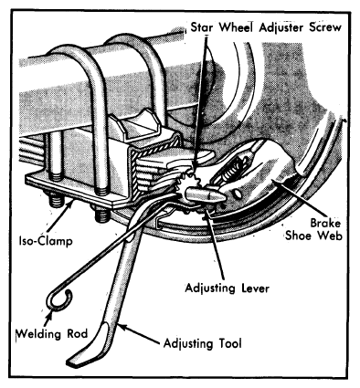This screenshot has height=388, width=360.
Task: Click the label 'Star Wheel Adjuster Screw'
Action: [266, 27]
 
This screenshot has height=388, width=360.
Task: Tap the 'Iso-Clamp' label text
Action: [46, 241]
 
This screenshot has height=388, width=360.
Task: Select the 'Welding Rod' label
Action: [52, 334]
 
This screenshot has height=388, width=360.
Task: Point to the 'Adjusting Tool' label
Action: [203, 343]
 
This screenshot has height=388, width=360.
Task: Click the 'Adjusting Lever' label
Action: [228, 288]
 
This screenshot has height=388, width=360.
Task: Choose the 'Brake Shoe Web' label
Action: [313, 229]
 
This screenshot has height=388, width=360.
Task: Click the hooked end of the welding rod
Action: [59, 300]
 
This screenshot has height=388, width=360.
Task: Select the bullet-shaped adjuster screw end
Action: [205, 194]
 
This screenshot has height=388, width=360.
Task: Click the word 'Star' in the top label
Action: [203, 27]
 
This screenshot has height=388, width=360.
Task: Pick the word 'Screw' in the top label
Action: [325, 27]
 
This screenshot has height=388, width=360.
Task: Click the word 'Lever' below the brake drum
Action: [254, 288]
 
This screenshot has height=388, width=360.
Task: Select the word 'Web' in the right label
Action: [330, 236]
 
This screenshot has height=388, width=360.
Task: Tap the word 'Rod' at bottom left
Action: [77, 334]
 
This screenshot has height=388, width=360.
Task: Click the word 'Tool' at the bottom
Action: [230, 343]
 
